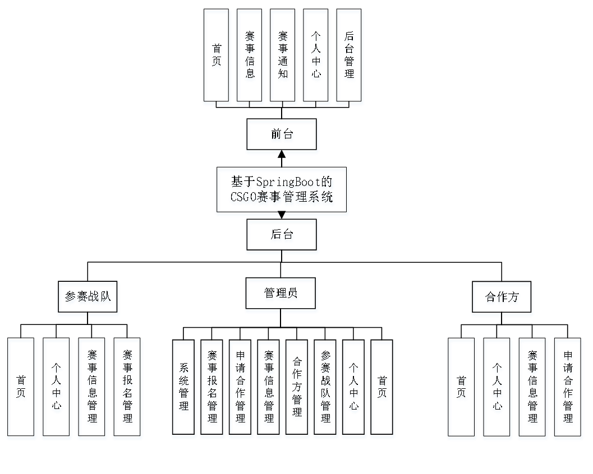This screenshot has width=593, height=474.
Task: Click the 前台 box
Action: click(282, 136)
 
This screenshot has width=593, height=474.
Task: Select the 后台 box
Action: click(282, 236)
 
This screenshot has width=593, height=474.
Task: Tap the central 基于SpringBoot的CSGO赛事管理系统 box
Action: click(282, 192)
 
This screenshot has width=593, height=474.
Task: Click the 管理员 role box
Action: click(281, 295)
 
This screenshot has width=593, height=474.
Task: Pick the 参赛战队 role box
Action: click(88, 299)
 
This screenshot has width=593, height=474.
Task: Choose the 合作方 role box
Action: click(502, 299)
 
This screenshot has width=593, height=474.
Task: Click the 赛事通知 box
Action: click(283, 57)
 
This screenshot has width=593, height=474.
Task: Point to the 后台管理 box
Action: click(349, 57)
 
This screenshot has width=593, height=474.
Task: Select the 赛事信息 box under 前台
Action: click(250, 57)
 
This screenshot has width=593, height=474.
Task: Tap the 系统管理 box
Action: click(184, 389)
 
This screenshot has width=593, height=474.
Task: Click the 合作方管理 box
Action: click(297, 389)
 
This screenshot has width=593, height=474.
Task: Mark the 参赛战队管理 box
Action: click(326, 389)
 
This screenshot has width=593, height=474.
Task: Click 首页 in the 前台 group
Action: click(217, 57)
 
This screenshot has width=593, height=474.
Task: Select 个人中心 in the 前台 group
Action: click(316, 57)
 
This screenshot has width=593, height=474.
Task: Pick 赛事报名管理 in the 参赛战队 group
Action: click(127, 389)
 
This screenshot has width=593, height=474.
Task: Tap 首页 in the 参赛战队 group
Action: click(21, 389)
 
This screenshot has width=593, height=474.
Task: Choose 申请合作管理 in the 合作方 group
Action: click(568, 389)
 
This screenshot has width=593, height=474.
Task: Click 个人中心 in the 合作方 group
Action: click(497, 389)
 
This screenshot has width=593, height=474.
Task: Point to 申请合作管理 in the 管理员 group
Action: click(241, 389)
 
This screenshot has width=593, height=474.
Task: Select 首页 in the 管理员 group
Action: click(383, 389)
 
